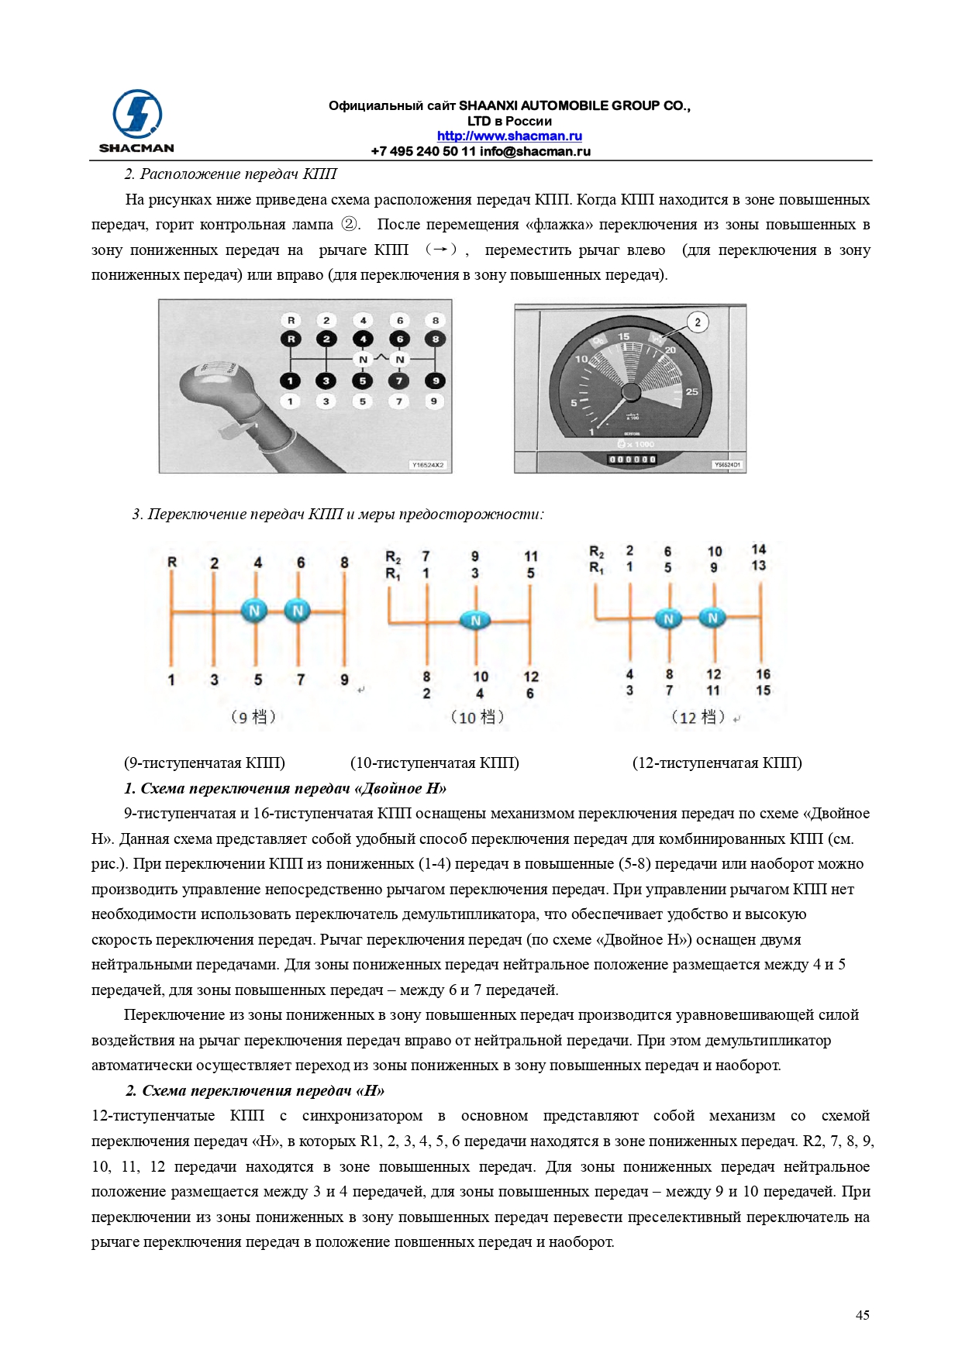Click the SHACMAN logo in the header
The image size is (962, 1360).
click(136, 121)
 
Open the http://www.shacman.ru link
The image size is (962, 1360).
click(509, 136)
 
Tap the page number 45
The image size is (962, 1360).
click(862, 1314)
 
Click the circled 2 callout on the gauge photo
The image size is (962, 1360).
click(697, 322)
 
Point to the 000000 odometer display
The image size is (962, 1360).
click(631, 459)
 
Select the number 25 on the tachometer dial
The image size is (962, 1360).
click(691, 392)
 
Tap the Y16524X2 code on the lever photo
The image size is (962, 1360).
click(427, 465)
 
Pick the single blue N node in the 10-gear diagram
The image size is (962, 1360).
click(475, 620)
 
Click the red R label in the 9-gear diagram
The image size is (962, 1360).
click(172, 562)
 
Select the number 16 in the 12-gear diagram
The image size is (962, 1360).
click(763, 674)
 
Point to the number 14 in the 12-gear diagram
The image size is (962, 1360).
click(758, 549)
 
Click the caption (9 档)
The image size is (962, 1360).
click(253, 717)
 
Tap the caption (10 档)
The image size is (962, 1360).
click(478, 717)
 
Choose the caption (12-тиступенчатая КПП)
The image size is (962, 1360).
click(717, 763)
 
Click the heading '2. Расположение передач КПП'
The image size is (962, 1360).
click(231, 174)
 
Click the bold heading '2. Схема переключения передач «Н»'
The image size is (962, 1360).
click(255, 1090)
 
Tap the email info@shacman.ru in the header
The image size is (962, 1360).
click(535, 151)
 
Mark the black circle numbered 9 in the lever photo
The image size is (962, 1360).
click(435, 380)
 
